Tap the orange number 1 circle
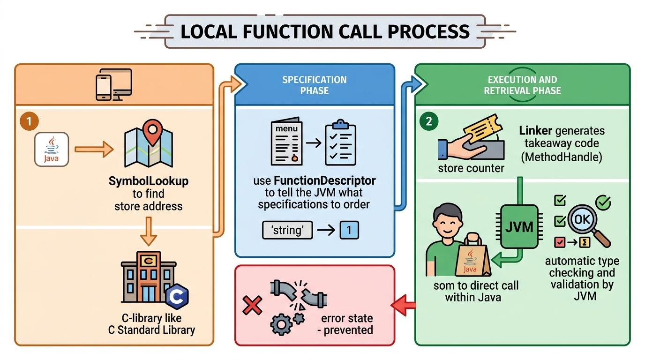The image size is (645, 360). tap(29, 122)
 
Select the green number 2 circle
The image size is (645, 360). tap(428, 121)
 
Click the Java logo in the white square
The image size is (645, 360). tap(52, 149)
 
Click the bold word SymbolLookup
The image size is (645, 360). tap(148, 181)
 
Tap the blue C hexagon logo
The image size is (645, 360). tap(177, 296)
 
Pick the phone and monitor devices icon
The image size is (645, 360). tap(114, 84)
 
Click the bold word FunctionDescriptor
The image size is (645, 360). tap(324, 180)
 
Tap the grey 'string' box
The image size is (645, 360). tap(287, 230)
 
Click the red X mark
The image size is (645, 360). tap(253, 306)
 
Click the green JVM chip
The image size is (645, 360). tap(519, 227)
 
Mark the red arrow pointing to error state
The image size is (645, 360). tap(404, 306)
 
